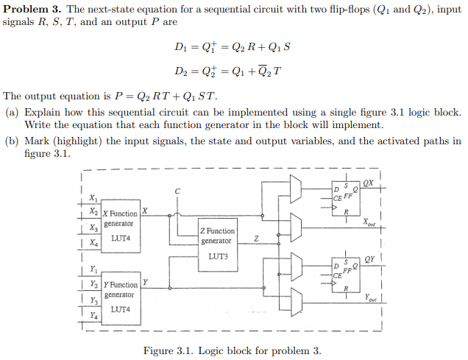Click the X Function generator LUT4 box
[120, 227]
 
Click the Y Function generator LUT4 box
[120, 297]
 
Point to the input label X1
[92, 197]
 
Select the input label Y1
[92, 268]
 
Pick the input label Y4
[92, 315]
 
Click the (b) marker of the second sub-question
[11, 141]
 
